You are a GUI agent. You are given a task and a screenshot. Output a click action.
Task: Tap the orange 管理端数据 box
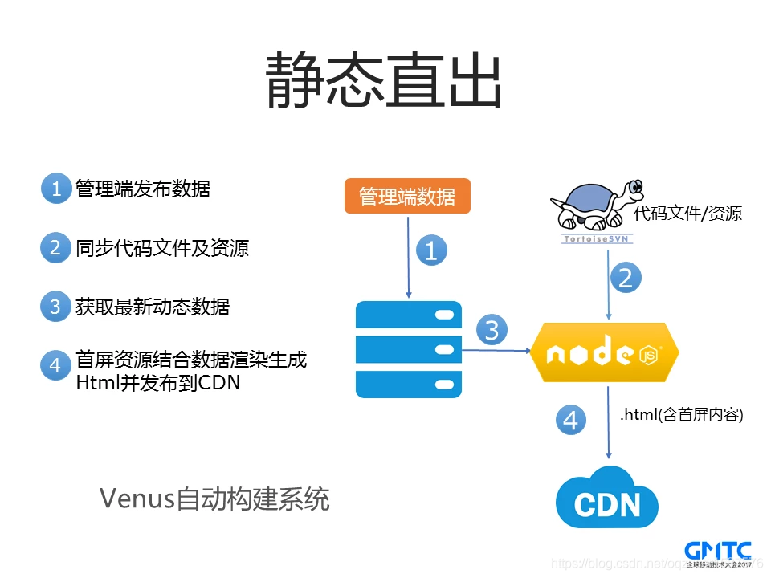[406, 197]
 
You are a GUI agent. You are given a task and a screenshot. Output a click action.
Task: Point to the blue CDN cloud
[607, 498]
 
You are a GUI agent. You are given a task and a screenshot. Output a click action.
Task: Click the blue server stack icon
[409, 349]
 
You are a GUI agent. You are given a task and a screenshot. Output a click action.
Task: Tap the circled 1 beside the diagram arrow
[430, 251]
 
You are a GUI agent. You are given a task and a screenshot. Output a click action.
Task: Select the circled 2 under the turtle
[626, 277]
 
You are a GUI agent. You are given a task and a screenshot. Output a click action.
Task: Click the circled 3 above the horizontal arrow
[492, 329]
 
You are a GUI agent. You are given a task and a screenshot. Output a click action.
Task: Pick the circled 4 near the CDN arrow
[570, 421]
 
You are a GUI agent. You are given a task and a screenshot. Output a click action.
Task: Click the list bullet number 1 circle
[56, 189]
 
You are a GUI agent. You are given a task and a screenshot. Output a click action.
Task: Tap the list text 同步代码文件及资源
[162, 248]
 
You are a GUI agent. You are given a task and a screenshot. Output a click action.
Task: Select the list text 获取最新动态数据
[153, 307]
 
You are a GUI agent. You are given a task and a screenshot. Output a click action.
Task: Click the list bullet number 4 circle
[55, 366]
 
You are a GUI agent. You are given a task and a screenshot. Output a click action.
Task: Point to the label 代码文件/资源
[687, 214]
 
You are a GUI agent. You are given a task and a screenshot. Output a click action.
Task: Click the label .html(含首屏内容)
[682, 415]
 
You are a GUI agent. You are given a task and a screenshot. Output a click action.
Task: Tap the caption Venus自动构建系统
[214, 499]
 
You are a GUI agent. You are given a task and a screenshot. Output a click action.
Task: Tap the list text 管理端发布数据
[143, 189]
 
